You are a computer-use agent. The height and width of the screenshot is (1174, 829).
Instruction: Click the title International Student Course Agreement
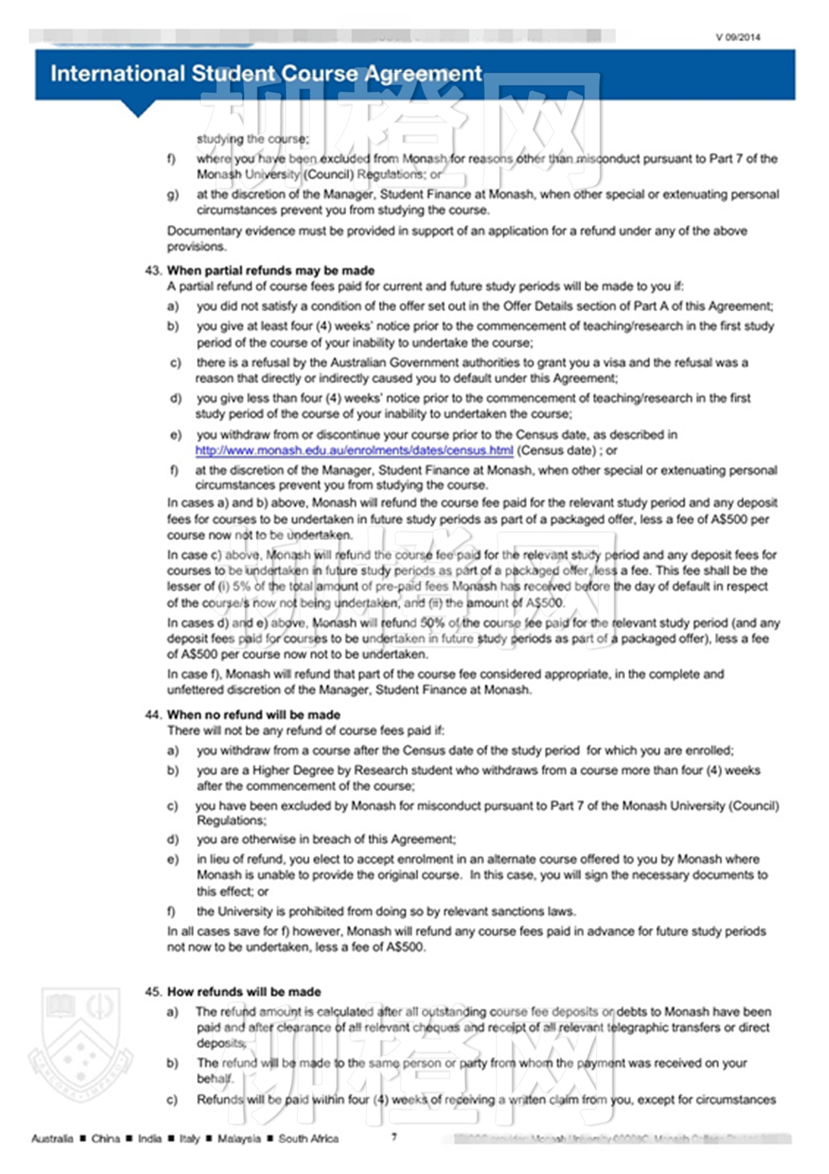point(266,73)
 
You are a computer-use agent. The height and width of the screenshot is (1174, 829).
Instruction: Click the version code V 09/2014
point(737,37)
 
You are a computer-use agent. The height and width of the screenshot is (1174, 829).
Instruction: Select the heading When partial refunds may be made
point(271,271)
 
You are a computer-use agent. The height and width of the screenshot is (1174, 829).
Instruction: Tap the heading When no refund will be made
point(253,714)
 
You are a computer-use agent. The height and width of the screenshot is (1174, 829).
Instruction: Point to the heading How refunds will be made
point(244,992)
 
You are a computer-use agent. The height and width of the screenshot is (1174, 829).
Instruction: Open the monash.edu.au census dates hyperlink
point(354,451)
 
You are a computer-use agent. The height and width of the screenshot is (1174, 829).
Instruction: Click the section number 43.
point(153,271)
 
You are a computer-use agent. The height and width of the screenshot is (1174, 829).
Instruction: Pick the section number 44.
point(153,714)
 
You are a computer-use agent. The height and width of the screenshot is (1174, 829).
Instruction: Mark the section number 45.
point(153,992)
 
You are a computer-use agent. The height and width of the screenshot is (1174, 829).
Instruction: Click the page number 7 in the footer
point(394,1136)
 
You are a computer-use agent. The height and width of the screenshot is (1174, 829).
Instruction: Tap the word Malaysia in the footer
point(239,1138)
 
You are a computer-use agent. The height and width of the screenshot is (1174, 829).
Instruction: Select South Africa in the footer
point(309,1138)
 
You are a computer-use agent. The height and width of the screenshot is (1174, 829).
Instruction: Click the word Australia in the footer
point(52,1138)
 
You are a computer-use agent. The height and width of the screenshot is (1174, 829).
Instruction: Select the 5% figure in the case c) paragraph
point(242,586)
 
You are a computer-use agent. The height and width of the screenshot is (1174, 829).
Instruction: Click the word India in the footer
point(149,1138)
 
